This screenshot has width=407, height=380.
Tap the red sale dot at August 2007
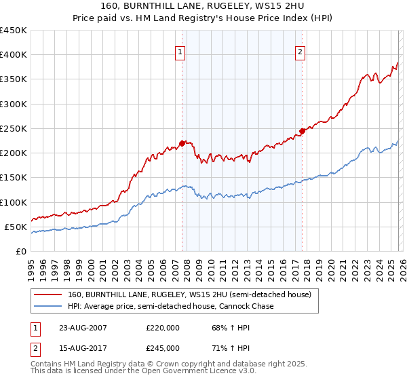coord(182,143)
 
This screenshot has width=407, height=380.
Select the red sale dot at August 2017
coord(302,131)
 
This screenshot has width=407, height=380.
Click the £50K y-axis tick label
coord(16,227)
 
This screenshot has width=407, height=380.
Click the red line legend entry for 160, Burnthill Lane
coord(189,295)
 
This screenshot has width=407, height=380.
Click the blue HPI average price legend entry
coord(170,307)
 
